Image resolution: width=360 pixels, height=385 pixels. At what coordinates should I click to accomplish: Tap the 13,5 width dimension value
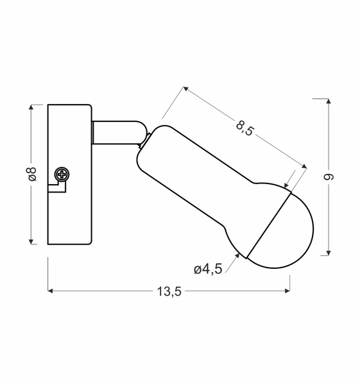coord(169,291)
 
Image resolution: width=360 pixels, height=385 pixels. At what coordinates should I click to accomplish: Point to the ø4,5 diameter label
coord(207,269)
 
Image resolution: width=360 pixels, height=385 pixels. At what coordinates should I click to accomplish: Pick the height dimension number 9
coord(332,176)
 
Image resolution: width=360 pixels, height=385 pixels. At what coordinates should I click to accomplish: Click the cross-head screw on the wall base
coord(62,173)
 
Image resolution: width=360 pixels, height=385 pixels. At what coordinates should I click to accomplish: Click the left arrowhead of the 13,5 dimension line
coord(52,291)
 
